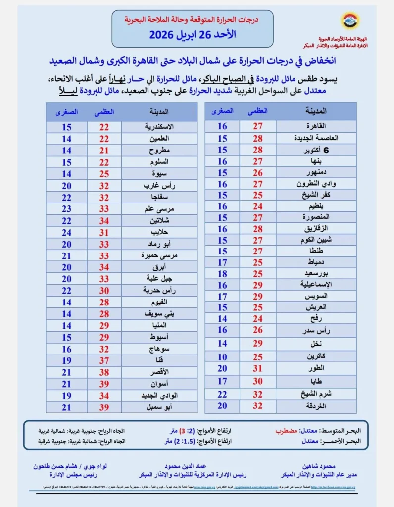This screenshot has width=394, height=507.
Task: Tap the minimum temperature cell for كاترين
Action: coord(222,356)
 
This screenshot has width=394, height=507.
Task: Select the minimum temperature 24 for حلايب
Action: coord(66,233)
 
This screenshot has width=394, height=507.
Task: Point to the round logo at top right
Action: coord(349,21)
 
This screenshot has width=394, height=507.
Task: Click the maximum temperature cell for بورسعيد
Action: coord(258,274)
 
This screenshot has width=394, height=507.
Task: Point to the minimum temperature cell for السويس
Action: coord(222,296)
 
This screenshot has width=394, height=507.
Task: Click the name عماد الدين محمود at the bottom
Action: coord(191,466)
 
